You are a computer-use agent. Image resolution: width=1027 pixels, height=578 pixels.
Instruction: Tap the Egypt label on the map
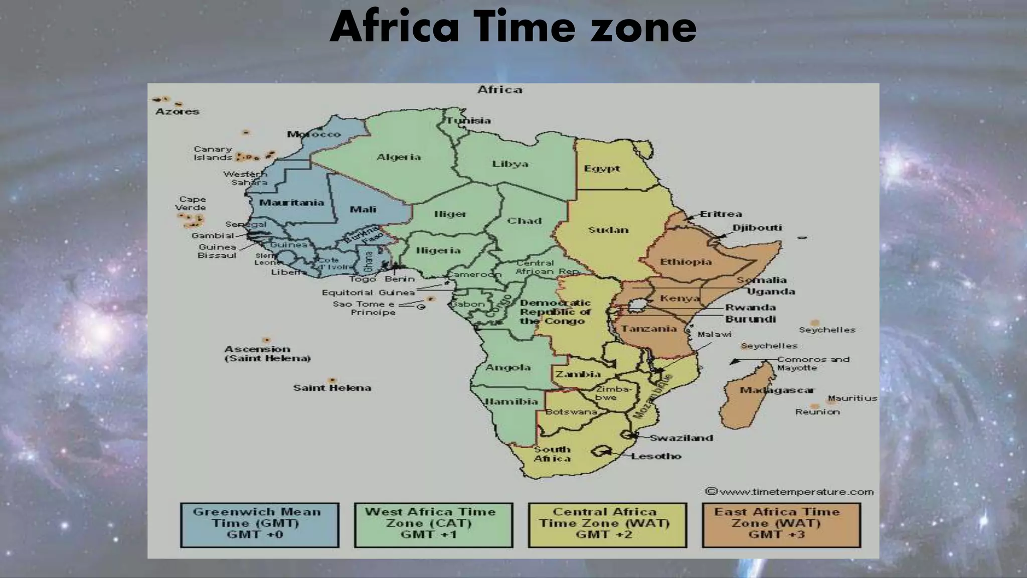coord(602,169)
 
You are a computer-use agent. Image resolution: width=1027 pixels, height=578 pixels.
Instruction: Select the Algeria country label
coord(399,157)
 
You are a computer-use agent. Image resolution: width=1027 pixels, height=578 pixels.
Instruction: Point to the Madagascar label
coord(777,390)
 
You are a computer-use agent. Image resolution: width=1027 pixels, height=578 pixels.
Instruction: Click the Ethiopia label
coord(686,261)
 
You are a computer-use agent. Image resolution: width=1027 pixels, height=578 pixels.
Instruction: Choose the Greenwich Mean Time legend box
coord(259,525)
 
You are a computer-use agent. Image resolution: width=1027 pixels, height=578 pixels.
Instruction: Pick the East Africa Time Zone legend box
coord(781,525)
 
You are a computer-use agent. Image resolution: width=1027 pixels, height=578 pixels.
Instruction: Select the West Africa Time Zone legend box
coord(433,525)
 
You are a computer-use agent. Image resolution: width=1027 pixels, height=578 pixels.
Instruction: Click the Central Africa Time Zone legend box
coord(607,525)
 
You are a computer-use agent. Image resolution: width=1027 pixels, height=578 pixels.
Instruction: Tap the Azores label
coord(177,111)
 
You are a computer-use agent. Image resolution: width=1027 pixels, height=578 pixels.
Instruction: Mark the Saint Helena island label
coord(332,388)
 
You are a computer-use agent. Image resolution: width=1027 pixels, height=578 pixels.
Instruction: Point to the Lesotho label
coord(656,456)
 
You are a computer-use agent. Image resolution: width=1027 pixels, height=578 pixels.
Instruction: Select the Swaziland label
coord(681,438)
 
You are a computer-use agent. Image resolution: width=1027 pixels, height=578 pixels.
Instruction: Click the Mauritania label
coord(291,203)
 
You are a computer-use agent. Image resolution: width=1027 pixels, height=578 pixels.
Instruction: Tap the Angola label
coord(508,368)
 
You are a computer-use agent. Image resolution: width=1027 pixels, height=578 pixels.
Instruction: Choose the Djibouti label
coord(757,228)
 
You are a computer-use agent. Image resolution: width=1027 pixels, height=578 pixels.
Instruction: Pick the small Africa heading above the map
coord(499,90)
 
